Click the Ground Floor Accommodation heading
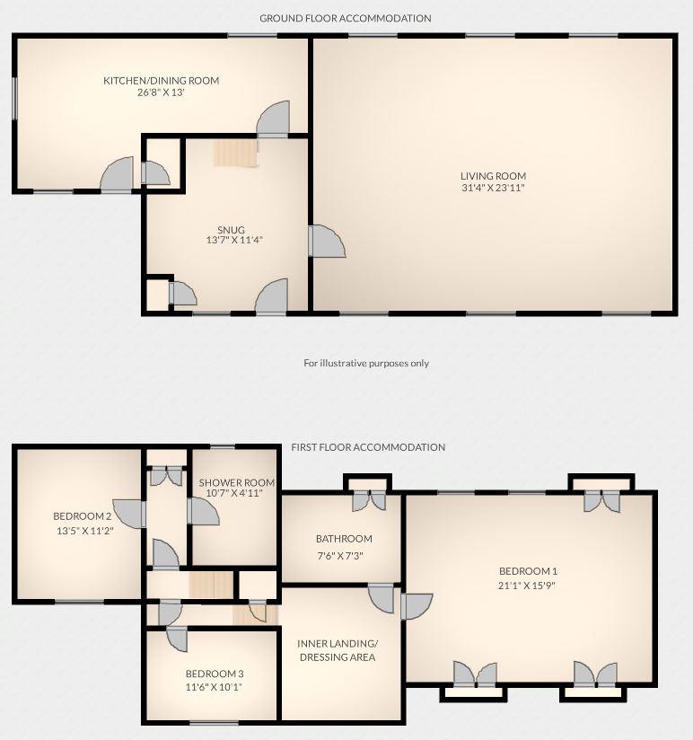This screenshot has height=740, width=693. coord(346,18)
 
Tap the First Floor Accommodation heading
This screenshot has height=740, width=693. coord(368,447)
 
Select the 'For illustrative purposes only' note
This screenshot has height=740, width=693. coord(366,364)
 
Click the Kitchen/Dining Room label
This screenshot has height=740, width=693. coord(161,81)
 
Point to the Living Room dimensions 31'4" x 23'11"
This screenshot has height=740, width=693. coord(493,189)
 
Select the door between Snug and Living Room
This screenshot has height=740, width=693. coord(325,242)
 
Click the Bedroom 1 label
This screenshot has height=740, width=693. coord(529,571)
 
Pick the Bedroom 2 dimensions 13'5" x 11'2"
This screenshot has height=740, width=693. coord(82,531)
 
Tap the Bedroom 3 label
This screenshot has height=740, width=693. coord(215,674)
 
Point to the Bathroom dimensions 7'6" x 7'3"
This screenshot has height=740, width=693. coord(344,554)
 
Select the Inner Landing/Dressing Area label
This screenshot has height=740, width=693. coord(338,650)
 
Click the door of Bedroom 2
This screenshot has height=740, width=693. coord(131,514)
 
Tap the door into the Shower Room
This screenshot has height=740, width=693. coord(203,512)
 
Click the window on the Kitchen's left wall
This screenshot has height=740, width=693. coord(14,97)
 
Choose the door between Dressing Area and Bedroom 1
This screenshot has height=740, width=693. coord(416,607)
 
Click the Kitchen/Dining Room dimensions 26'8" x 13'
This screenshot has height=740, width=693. coord(161,92)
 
